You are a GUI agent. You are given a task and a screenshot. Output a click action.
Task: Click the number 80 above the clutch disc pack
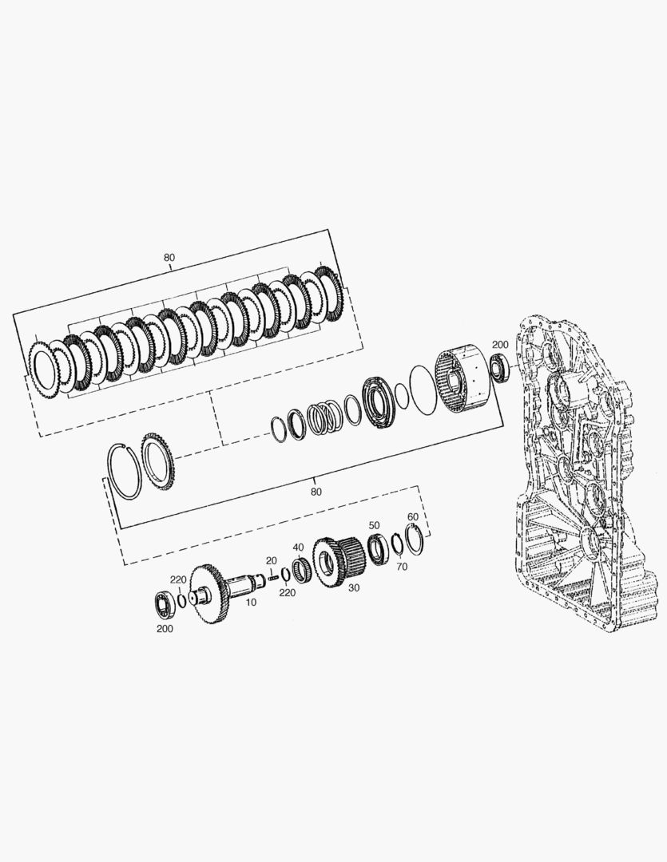pos(169,257)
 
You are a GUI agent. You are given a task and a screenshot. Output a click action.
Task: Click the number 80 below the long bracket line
pos(316,492)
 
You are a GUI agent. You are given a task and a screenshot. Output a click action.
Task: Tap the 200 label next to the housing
pos(500,345)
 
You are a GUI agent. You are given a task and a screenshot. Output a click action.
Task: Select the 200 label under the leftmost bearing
pos(165,629)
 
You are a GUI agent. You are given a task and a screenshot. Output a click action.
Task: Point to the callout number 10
pos(251,603)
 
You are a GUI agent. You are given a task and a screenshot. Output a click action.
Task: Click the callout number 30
pos(354,587)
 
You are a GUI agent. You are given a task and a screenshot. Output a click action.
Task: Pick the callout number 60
pos(413,517)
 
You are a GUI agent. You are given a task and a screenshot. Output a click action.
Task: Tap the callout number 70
pos(402,567)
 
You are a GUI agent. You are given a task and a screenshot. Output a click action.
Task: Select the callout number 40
pos(298,548)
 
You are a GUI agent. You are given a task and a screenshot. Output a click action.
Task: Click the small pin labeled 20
pos(272,578)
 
